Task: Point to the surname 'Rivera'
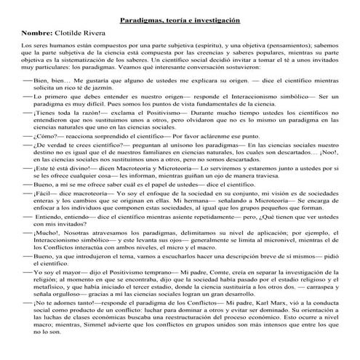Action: (x=103, y=34)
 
